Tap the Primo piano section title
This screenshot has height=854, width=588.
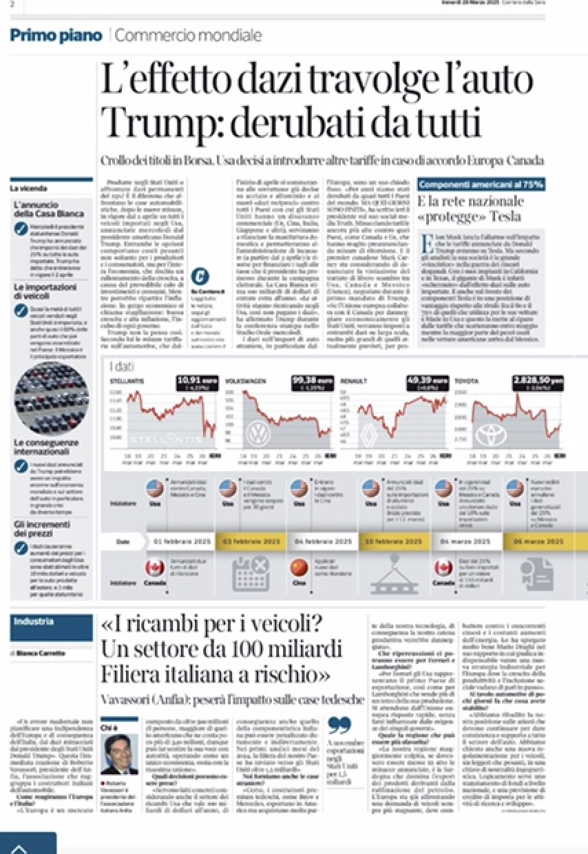(x=56, y=35)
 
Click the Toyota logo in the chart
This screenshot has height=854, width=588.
(x=492, y=434)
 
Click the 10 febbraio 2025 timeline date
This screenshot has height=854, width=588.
(x=393, y=541)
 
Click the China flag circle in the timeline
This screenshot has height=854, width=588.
(x=299, y=568)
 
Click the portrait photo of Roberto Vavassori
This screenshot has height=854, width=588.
(x=118, y=754)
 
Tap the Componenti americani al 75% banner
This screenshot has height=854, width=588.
(x=482, y=185)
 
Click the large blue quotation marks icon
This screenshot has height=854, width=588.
(x=339, y=726)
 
